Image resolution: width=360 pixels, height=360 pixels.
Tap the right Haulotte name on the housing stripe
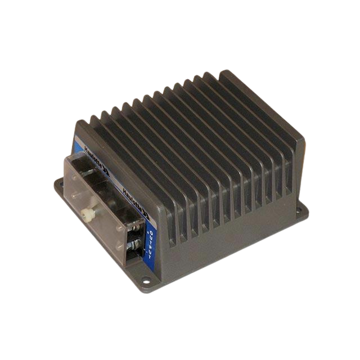[x=135, y=197]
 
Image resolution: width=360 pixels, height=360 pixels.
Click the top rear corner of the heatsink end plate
[x=226, y=71]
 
